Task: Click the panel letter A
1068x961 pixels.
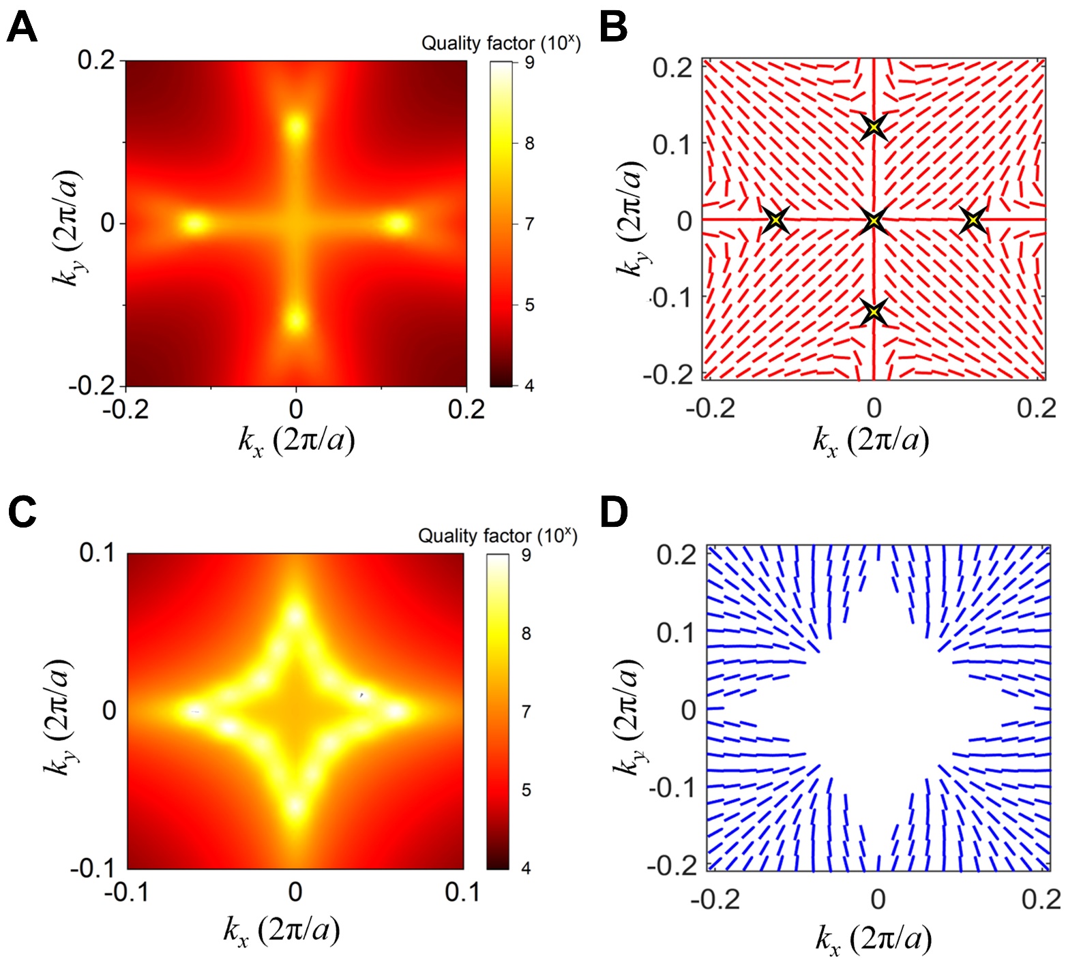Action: pos(22,29)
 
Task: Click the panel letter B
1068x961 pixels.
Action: pos(613,29)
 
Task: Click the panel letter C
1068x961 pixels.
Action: pos(22,512)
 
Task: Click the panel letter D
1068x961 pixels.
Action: pos(614,512)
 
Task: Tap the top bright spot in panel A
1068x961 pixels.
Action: pos(295,127)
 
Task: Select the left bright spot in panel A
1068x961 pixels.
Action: pos(195,223)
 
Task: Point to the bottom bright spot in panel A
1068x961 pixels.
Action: pos(295,320)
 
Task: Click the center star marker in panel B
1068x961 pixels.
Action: pos(874,220)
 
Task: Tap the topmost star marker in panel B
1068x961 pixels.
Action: pos(874,127)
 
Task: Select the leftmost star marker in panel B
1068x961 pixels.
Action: pos(775,220)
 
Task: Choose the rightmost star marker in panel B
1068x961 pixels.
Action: pos(973,220)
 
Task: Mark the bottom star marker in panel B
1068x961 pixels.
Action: pos(874,312)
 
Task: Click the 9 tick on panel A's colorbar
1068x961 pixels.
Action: pos(529,63)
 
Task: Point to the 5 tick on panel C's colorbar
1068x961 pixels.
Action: pos(526,790)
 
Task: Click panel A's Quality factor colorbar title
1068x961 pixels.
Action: pos(501,43)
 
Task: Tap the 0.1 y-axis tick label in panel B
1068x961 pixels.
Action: pos(672,144)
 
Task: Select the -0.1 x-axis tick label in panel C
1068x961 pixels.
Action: pos(126,891)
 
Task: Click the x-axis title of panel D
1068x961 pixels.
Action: pos(873,939)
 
